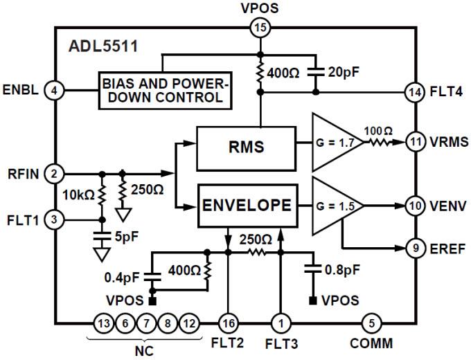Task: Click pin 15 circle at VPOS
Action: coord(260,28)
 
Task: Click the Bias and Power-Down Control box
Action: coord(164,90)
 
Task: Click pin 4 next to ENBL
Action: coord(53,90)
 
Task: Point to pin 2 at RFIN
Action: coord(53,173)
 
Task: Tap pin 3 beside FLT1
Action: coord(53,220)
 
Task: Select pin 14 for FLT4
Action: coord(415,90)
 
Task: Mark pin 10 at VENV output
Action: coord(415,206)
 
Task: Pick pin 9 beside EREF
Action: coord(415,247)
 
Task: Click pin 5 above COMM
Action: coord(371,323)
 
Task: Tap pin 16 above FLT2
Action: coord(228,323)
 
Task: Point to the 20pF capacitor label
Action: coord(344,72)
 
